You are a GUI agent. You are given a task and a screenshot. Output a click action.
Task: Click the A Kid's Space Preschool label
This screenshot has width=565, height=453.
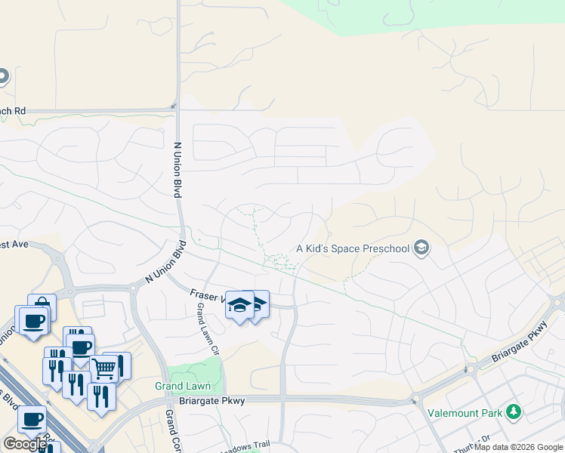point(352,248)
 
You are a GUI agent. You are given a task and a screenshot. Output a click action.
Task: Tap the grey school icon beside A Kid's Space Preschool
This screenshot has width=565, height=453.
point(421,248)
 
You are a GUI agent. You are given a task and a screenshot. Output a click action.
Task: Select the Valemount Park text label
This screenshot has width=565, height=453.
point(463,412)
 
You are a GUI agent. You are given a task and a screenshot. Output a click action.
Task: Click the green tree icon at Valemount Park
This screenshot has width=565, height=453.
point(514,411)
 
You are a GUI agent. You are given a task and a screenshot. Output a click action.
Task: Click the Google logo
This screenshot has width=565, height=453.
point(25,444)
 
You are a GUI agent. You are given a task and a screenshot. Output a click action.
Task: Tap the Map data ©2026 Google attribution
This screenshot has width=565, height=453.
point(518,447)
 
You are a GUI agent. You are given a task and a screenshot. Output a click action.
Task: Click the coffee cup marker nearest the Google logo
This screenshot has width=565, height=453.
point(32,421)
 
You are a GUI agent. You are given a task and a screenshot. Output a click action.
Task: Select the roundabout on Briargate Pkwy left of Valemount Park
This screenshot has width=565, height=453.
point(470,368)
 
